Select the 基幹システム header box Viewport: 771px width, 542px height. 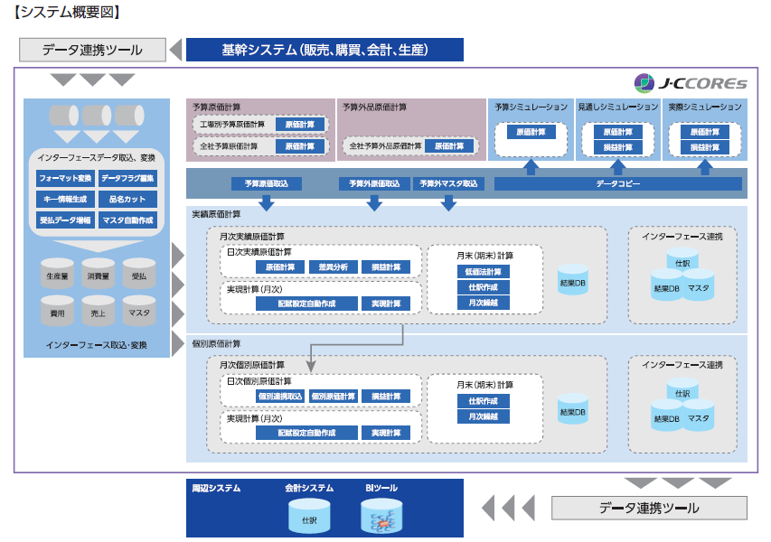[x=324, y=50]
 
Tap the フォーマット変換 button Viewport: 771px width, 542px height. [x=64, y=178]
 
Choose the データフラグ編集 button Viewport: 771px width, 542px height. [x=127, y=178]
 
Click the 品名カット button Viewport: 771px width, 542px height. [x=127, y=199]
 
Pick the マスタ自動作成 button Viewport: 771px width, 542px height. [x=127, y=220]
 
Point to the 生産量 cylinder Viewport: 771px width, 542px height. [x=57, y=276]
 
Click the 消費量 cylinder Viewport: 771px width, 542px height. [x=99, y=276]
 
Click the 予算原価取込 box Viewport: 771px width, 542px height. [x=267, y=183]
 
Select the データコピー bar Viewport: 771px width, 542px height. [x=618, y=183]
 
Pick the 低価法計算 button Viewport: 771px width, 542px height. [x=484, y=271]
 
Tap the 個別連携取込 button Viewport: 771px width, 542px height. [x=280, y=396]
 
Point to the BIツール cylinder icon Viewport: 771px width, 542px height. [x=381, y=518]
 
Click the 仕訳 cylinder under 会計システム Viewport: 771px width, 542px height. [x=309, y=518]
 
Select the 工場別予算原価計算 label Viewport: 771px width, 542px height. [x=233, y=124]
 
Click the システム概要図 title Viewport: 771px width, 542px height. [x=68, y=13]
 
